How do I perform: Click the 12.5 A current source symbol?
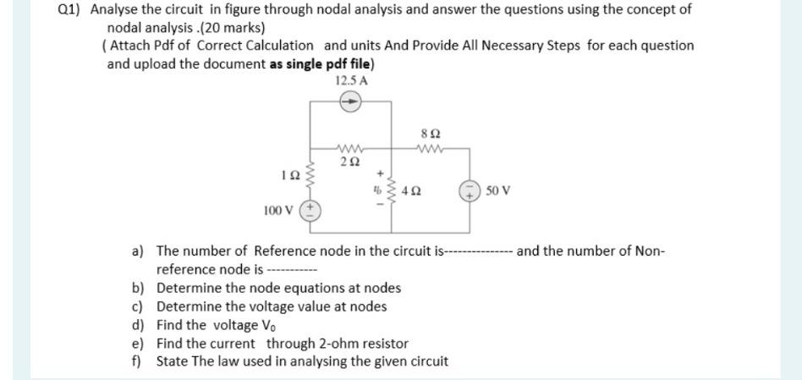[x=350, y=102]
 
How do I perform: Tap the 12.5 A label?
[x=351, y=80]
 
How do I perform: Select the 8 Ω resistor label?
[x=430, y=134]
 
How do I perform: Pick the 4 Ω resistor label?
[x=413, y=191]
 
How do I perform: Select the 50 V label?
[x=499, y=190]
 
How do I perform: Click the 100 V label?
[x=280, y=209]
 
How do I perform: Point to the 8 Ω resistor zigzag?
[x=431, y=148]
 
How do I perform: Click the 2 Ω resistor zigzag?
[x=349, y=148]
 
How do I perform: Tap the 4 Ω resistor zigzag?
[x=390, y=191]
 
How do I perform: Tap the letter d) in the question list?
[x=137, y=325]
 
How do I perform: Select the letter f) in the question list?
[x=136, y=361]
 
